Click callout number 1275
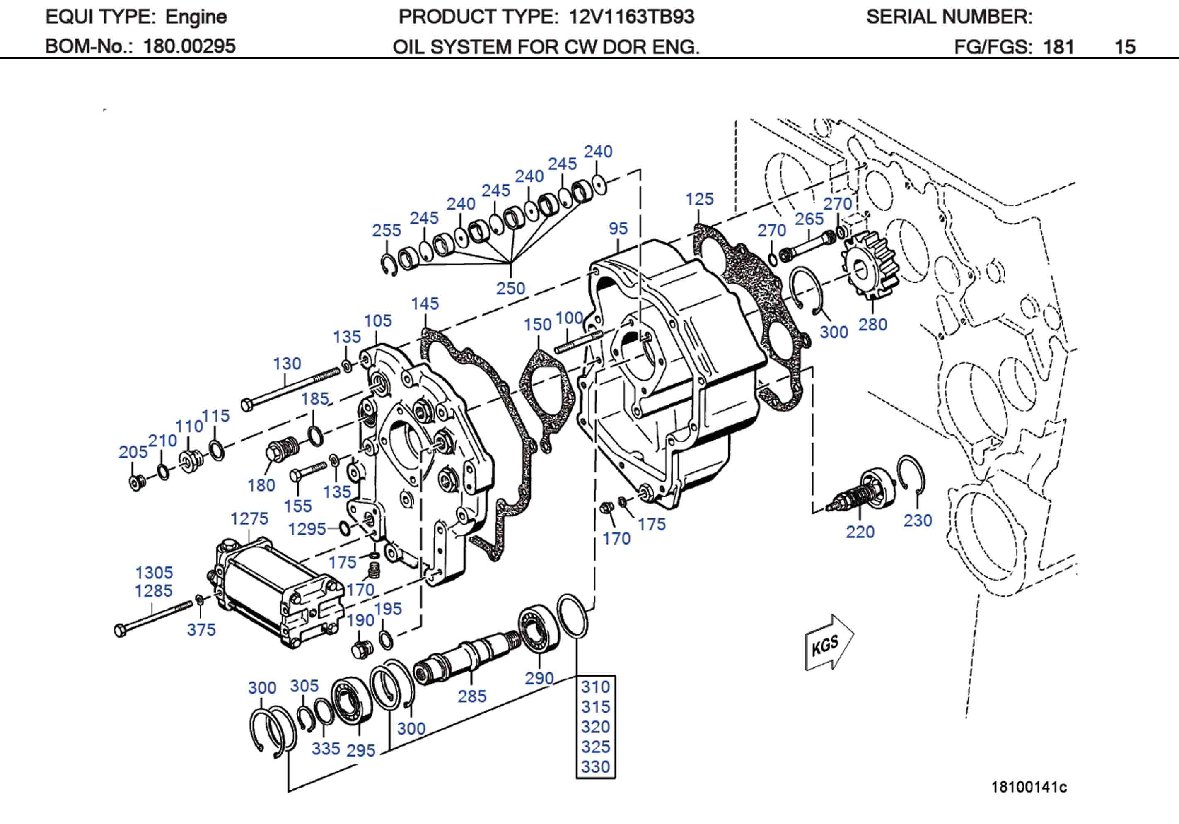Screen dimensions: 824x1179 pyautogui.click(x=249, y=518)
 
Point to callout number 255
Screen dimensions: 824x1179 pyautogui.click(x=386, y=231)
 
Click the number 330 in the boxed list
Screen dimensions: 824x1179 pyautogui.click(x=595, y=766)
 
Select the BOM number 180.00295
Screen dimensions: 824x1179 pyautogui.click(x=189, y=46)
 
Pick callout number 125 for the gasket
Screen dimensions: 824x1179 pyautogui.click(x=699, y=199)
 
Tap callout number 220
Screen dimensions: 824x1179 pyautogui.click(x=860, y=531)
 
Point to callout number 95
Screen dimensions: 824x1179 pyautogui.click(x=618, y=229)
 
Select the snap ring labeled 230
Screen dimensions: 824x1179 pyautogui.click(x=911, y=475)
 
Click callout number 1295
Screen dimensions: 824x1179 pyautogui.click(x=307, y=529)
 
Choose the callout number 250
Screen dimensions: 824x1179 pyautogui.click(x=510, y=288)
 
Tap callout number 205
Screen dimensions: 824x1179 pyautogui.click(x=133, y=452)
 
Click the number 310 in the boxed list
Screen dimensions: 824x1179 pyautogui.click(x=595, y=687)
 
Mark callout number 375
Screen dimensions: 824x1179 pyautogui.click(x=201, y=630)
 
